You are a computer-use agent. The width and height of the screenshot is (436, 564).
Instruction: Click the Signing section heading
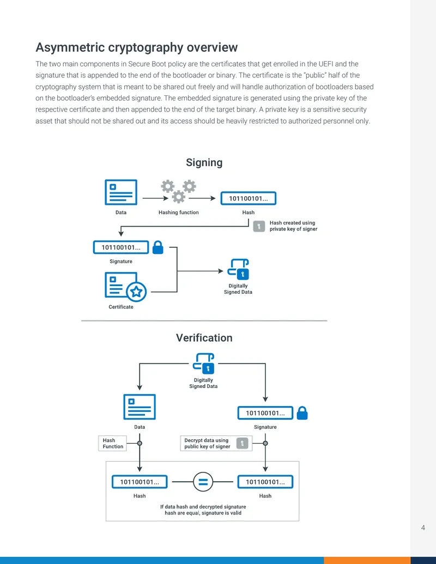(x=204, y=162)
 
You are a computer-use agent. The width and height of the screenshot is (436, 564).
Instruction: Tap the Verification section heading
(x=204, y=338)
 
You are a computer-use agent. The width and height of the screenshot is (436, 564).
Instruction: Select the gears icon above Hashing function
(x=178, y=191)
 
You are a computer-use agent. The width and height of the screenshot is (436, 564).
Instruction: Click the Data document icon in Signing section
(x=121, y=192)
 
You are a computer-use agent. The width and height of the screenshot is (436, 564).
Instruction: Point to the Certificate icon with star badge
(x=125, y=287)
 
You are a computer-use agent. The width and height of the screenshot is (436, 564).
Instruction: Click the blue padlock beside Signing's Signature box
(x=158, y=247)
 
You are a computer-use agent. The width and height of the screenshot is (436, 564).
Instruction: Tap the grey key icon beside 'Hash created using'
(x=259, y=226)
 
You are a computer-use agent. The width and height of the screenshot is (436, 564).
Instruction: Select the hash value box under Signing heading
(x=248, y=198)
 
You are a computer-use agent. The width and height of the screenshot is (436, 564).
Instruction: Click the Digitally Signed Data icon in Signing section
(x=238, y=269)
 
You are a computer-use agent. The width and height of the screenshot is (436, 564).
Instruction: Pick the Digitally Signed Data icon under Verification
(x=204, y=363)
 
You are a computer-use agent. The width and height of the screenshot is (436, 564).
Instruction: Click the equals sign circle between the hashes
(x=203, y=482)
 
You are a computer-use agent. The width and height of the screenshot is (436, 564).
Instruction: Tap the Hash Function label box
(x=113, y=443)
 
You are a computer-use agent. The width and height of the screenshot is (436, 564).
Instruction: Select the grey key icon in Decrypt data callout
(x=242, y=443)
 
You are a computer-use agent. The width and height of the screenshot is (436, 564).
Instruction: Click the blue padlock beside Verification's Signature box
(x=302, y=413)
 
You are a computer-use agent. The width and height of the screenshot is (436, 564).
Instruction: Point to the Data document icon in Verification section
(x=140, y=407)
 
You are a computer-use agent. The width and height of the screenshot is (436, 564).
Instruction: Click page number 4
(x=423, y=527)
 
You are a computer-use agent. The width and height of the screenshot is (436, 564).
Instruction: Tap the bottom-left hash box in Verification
(x=140, y=482)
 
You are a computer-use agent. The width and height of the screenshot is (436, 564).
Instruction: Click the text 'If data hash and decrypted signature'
(x=203, y=506)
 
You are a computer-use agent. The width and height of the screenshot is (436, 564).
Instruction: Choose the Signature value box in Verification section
(x=265, y=413)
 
